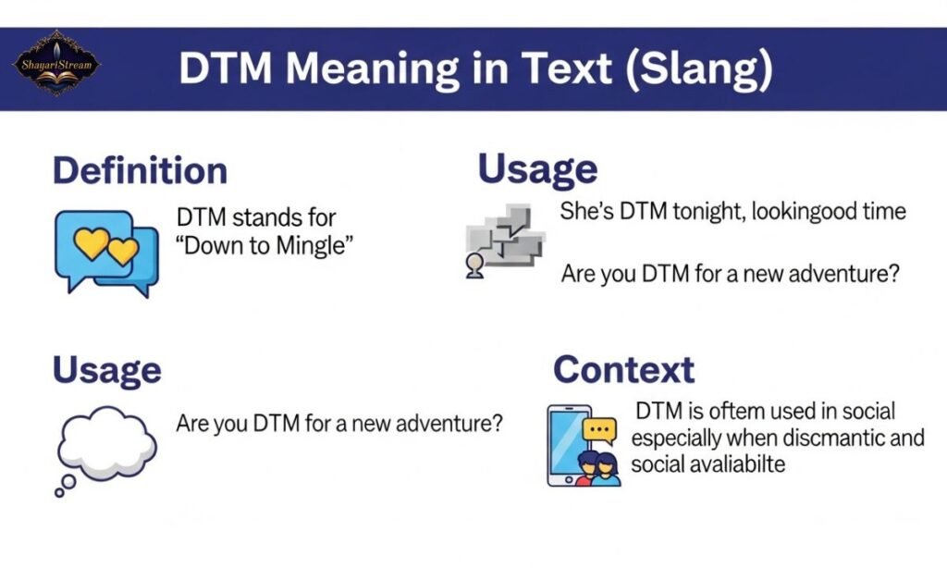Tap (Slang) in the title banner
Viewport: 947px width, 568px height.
coord(698,70)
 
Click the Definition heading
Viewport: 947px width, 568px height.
coord(140,171)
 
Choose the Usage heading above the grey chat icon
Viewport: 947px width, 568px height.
coord(536,170)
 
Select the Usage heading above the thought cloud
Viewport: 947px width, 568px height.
coord(106,370)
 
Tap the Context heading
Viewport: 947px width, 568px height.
coord(623,370)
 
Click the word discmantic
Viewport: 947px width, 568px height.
coord(814,438)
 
